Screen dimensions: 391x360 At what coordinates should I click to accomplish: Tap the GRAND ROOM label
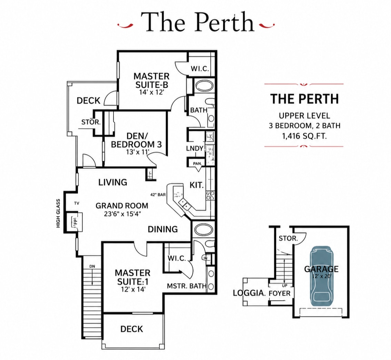[122, 206]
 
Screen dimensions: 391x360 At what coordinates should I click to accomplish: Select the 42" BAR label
[158, 195]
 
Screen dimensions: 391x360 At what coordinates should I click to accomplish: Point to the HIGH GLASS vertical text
[58, 213]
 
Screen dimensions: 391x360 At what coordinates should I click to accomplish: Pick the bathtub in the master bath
[204, 230]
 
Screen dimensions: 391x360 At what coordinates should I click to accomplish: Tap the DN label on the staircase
[92, 266]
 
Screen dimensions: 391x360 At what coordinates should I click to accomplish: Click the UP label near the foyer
[284, 285]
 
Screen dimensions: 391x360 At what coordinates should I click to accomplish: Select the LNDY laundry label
[195, 148]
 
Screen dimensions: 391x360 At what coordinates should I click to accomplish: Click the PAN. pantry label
[197, 164]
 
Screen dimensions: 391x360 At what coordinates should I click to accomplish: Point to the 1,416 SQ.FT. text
[304, 136]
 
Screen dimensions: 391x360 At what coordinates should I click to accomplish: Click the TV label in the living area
[77, 203]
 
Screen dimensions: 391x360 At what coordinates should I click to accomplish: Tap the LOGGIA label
[249, 293]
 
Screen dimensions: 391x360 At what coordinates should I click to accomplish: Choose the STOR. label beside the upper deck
[91, 122]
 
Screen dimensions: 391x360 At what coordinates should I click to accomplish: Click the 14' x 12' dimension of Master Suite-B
[151, 92]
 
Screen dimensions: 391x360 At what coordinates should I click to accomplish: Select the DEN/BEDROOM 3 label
[137, 140]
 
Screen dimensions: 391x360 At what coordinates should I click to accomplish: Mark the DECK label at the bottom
[132, 329]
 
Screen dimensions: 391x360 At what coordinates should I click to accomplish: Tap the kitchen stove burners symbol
[210, 195]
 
